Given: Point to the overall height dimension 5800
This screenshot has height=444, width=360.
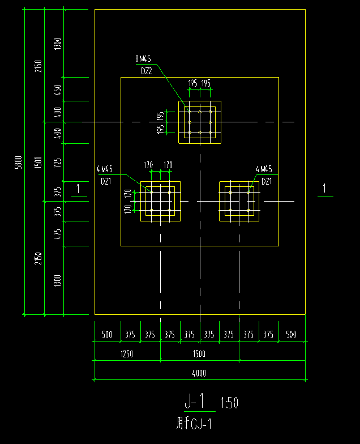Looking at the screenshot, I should pos(18,162).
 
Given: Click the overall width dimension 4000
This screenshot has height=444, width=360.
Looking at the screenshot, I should pos(199,373).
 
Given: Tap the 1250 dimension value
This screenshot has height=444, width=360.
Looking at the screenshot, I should pos(126,354).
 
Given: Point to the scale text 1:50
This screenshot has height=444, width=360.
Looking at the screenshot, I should pos(229,403).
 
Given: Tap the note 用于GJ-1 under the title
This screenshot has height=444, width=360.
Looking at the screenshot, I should pos(194,423).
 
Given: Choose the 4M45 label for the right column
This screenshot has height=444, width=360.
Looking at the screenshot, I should pos(264,169).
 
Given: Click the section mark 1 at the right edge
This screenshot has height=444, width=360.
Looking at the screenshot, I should pos(324,189).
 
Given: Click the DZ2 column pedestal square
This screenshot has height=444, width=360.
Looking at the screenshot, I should pos(200,122).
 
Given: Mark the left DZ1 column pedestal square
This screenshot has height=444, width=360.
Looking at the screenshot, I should pos(160,201).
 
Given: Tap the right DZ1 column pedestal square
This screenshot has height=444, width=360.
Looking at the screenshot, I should pos(239,201).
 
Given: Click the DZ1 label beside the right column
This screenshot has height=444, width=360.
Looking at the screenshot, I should pos(267,181).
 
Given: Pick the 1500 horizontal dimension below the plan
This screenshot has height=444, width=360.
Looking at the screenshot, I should pos(199,354).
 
